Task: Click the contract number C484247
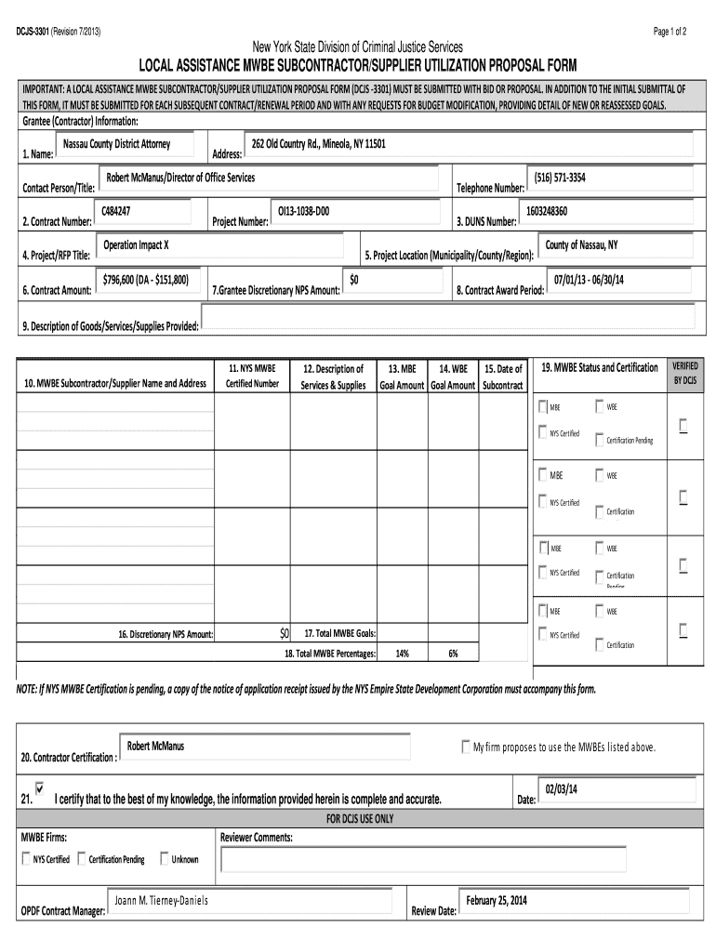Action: pyautogui.click(x=116, y=212)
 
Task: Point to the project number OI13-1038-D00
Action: pyautogui.click(x=303, y=212)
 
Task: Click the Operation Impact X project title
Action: pyautogui.click(x=136, y=245)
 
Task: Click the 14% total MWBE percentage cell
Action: pyautogui.click(x=402, y=654)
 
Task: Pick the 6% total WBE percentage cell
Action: pyautogui.click(x=453, y=654)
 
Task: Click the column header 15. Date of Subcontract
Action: pyautogui.click(x=503, y=377)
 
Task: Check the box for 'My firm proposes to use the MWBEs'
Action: pyautogui.click(x=466, y=747)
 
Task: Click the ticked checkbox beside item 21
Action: pyautogui.click(x=39, y=787)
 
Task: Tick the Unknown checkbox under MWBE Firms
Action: pyautogui.click(x=165, y=859)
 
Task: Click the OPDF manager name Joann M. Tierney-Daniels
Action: pyautogui.click(x=162, y=901)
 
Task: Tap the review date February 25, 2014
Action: pyautogui.click(x=497, y=901)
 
